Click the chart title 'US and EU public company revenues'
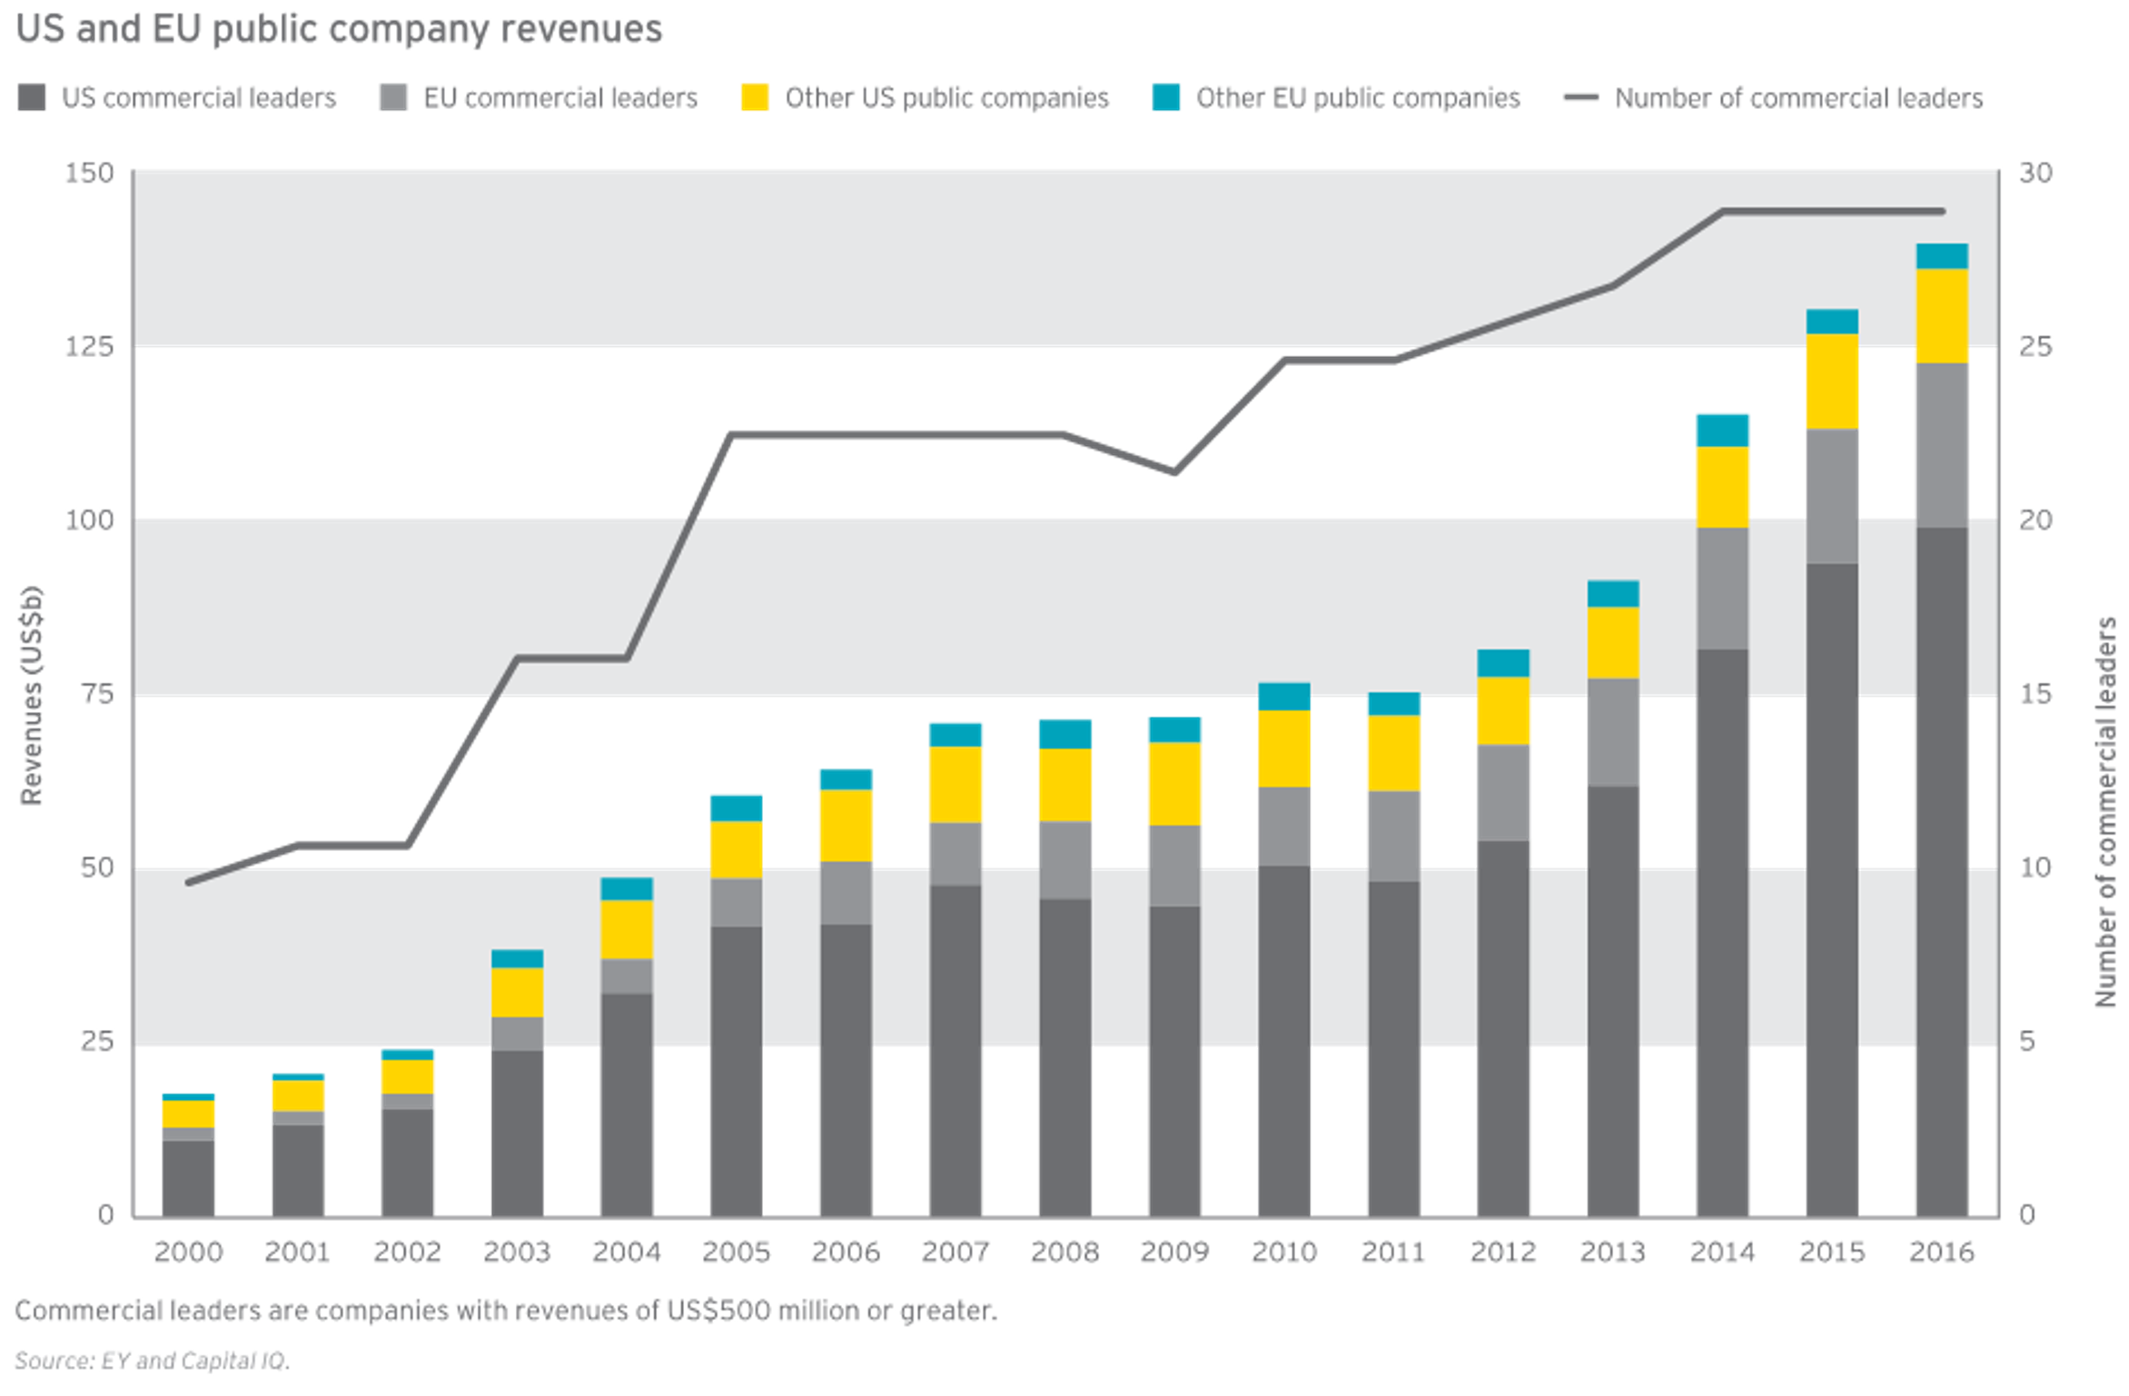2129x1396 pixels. tap(340, 29)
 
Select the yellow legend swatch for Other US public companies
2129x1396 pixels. tap(754, 97)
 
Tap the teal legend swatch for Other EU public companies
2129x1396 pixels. tap(1166, 97)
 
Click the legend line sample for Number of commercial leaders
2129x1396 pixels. tap(1580, 98)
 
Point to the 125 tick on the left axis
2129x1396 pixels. tap(89, 346)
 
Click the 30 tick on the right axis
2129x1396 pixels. tap(2035, 173)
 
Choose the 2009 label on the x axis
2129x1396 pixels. tap(1173, 1252)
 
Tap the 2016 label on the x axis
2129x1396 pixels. tap(1941, 1252)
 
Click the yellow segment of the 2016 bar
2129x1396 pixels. tap(1942, 316)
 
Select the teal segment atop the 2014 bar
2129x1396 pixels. tap(1722, 429)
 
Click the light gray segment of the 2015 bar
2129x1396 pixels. tap(1832, 496)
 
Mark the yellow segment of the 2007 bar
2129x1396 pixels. tap(956, 784)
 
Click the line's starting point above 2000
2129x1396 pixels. tap(189, 882)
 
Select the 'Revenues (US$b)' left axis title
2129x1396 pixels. tap(31, 696)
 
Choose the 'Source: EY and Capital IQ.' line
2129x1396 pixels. tap(152, 1360)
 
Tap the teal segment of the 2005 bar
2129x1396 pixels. tap(736, 807)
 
